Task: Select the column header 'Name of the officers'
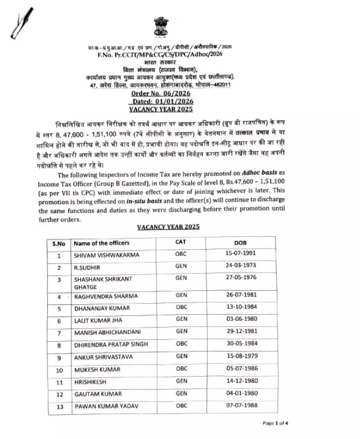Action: click(x=101, y=243)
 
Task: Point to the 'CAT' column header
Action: click(x=181, y=242)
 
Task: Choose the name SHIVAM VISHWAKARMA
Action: click(x=106, y=256)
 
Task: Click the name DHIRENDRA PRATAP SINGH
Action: click(x=111, y=345)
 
